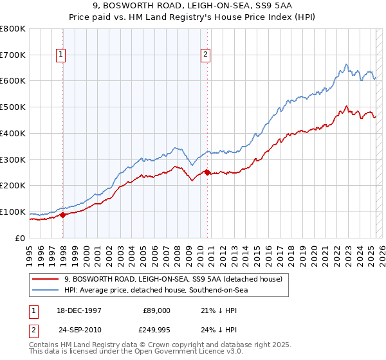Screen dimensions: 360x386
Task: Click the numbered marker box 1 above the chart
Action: [x=60, y=55]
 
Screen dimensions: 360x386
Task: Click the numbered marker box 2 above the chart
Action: [x=205, y=55]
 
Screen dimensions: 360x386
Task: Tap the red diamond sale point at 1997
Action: [x=63, y=215]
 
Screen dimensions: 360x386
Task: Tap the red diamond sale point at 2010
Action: [x=207, y=172]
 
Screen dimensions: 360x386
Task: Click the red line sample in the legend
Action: [x=45, y=278]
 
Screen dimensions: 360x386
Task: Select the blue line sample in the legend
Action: [x=45, y=290]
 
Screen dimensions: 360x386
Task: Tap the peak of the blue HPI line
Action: [x=346, y=64]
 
